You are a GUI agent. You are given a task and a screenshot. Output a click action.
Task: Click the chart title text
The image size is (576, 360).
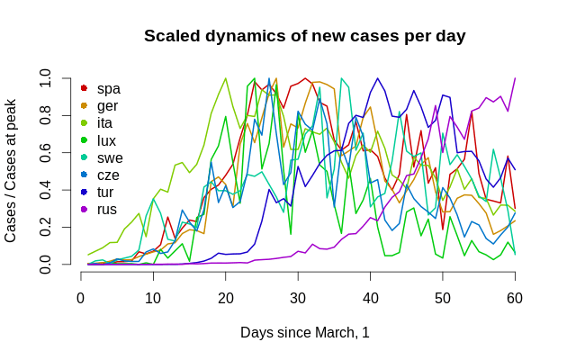click(x=304, y=37)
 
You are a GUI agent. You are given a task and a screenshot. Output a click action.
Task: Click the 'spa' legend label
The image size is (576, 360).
click(x=109, y=88)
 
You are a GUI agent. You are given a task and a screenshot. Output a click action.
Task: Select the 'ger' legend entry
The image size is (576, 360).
click(x=109, y=105)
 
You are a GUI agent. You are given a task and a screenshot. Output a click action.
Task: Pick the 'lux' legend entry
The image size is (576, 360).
click(x=107, y=140)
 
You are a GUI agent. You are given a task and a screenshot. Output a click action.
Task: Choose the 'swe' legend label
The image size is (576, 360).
click(x=110, y=157)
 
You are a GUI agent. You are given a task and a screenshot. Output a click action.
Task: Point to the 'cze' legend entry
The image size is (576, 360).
click(x=109, y=175)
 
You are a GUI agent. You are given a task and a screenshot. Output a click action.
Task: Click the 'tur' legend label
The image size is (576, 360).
click(x=106, y=192)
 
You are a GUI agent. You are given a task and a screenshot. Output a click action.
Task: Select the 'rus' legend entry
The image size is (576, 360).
click(x=107, y=209)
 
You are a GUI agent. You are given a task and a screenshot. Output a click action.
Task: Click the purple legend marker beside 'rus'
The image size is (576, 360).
click(x=84, y=209)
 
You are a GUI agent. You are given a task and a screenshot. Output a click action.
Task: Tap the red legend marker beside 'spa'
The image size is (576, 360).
click(x=84, y=88)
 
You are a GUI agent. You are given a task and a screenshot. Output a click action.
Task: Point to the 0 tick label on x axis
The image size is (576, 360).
click(x=81, y=299)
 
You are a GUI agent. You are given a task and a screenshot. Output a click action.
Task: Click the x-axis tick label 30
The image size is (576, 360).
click(x=298, y=299)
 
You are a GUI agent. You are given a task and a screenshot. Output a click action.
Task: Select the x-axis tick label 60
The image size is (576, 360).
click(x=515, y=299)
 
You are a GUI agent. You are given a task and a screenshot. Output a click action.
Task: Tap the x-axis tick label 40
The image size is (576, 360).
click(x=370, y=299)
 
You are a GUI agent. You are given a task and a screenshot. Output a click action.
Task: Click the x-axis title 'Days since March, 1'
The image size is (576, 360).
click(x=304, y=333)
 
